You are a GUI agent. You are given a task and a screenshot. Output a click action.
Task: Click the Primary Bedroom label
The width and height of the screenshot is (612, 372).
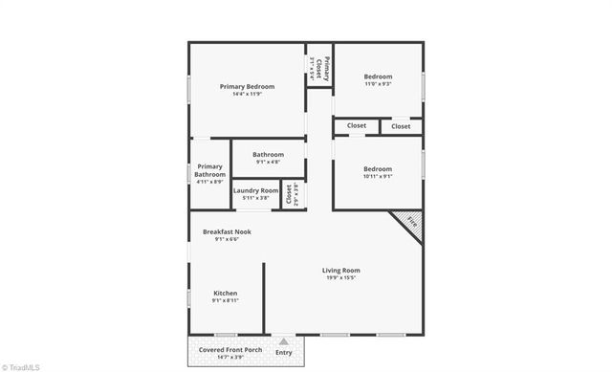[x=247, y=86]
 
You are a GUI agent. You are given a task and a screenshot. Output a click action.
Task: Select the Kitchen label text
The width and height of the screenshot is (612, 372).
[x=225, y=293]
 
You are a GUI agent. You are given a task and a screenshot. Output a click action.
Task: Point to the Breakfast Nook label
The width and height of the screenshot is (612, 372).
[x=227, y=231]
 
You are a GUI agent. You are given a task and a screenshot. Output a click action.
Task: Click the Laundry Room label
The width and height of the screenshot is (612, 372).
[x=255, y=190]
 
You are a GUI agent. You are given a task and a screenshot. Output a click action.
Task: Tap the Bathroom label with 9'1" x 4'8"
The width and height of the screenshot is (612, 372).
[x=268, y=154]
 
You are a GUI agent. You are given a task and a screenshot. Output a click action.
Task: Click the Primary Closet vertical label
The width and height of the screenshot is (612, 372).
[x=325, y=67]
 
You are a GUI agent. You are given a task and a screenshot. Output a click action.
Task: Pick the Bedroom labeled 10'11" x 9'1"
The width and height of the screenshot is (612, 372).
[x=378, y=168]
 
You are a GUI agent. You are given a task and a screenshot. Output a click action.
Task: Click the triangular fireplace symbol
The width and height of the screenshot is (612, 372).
[x=409, y=223]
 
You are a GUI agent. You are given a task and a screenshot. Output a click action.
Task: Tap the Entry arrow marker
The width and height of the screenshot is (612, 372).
[x=283, y=340]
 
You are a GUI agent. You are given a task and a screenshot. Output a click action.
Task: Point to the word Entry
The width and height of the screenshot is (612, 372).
[x=283, y=353]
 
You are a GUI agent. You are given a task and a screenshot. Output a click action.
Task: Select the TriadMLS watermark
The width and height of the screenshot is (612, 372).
[x=21, y=365]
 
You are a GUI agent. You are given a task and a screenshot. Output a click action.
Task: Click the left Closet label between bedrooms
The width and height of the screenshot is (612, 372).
[x=356, y=125]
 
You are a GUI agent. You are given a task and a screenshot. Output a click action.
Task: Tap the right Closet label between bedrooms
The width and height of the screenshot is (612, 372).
[x=401, y=125]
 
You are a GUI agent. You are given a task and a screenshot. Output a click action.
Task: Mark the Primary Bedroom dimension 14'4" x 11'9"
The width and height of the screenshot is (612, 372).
[x=247, y=94]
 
